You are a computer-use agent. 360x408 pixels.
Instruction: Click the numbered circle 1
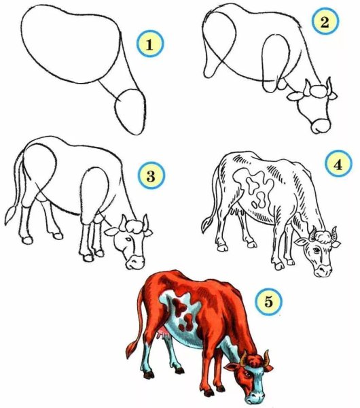click(150, 44)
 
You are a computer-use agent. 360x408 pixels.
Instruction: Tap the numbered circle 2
click(325, 21)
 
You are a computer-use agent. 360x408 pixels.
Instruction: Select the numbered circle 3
click(151, 175)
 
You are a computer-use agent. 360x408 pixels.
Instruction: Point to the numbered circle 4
click(338, 164)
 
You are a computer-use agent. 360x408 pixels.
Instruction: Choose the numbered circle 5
click(268, 302)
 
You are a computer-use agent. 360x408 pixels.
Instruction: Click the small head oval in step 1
click(130, 112)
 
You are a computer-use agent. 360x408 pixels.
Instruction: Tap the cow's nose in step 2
click(321, 126)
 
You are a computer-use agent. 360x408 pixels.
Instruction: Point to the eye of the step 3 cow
click(128, 239)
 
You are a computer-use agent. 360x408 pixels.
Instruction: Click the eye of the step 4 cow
click(317, 250)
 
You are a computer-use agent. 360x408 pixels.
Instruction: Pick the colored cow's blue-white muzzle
click(254, 396)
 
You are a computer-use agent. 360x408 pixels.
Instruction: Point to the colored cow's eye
click(247, 374)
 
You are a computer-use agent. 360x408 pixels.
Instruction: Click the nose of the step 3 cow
click(135, 262)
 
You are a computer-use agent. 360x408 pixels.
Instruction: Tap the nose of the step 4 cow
click(323, 271)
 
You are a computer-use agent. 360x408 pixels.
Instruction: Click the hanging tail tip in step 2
click(209, 70)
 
